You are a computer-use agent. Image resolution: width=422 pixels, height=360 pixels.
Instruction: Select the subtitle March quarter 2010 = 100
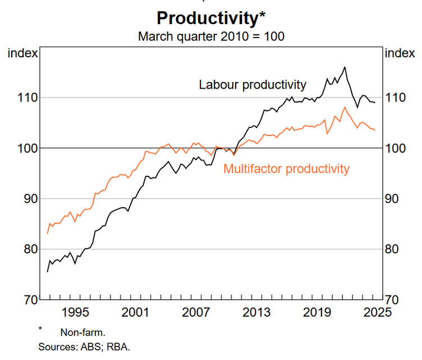click(x=211, y=37)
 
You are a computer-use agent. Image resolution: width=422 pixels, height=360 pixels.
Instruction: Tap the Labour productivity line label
click(x=253, y=85)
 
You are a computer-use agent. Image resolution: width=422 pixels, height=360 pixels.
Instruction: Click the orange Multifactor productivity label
click(x=286, y=168)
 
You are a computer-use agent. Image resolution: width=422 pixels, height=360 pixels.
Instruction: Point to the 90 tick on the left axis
click(x=29, y=199)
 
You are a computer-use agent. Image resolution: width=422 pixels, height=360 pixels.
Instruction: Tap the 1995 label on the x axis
click(x=76, y=312)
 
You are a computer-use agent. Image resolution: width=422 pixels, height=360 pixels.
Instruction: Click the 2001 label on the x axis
click(x=136, y=312)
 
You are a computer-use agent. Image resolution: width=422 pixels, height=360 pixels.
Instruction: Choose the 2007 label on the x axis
click(x=196, y=312)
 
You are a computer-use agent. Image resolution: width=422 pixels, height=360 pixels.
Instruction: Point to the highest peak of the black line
click(x=345, y=67)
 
